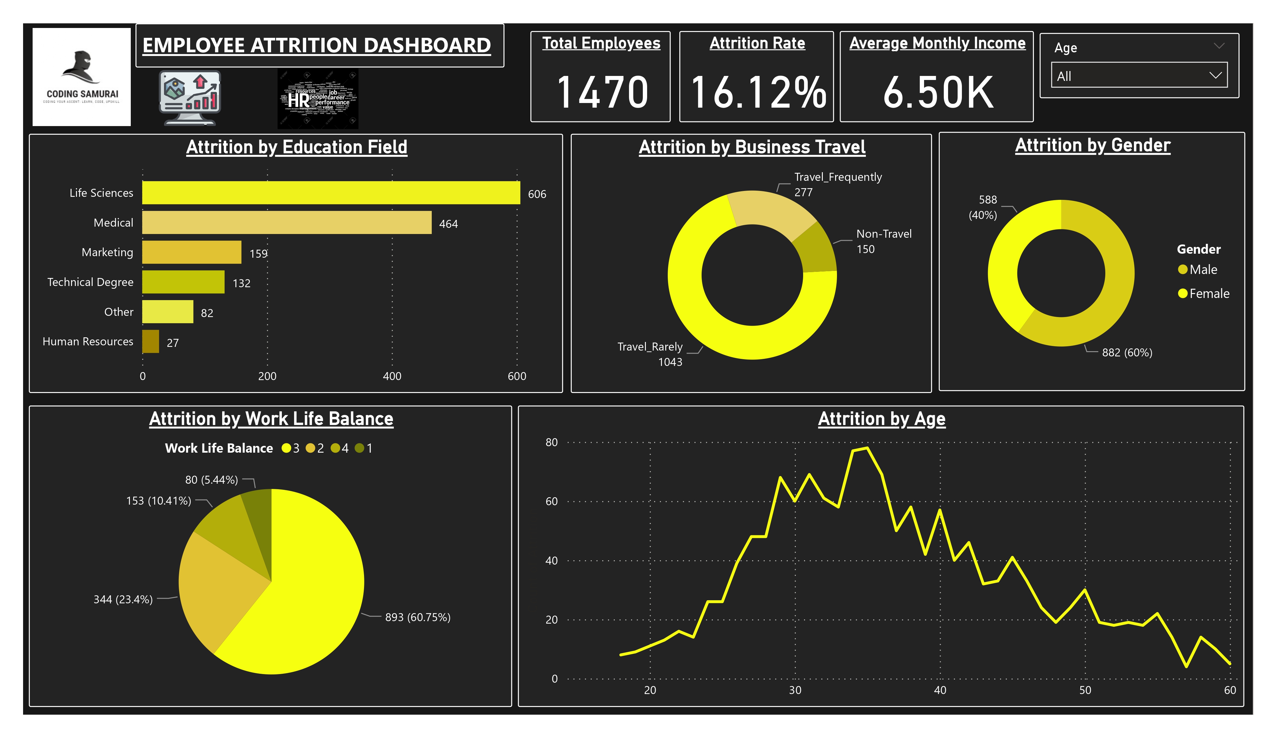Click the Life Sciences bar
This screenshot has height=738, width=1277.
[331, 193]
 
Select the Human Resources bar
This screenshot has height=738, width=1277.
[150, 341]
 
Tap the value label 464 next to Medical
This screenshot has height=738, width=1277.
[448, 224]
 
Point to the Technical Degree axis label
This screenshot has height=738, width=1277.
[90, 282]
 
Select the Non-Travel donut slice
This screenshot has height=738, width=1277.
[817, 247]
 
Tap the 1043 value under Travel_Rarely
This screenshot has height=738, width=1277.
[670, 362]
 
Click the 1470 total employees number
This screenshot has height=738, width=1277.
[602, 92]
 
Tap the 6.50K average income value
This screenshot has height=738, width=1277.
[938, 92]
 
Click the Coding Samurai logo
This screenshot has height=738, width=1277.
[82, 77]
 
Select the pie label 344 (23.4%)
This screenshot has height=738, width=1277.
[123, 600]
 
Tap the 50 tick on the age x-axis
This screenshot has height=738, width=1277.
[1085, 690]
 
